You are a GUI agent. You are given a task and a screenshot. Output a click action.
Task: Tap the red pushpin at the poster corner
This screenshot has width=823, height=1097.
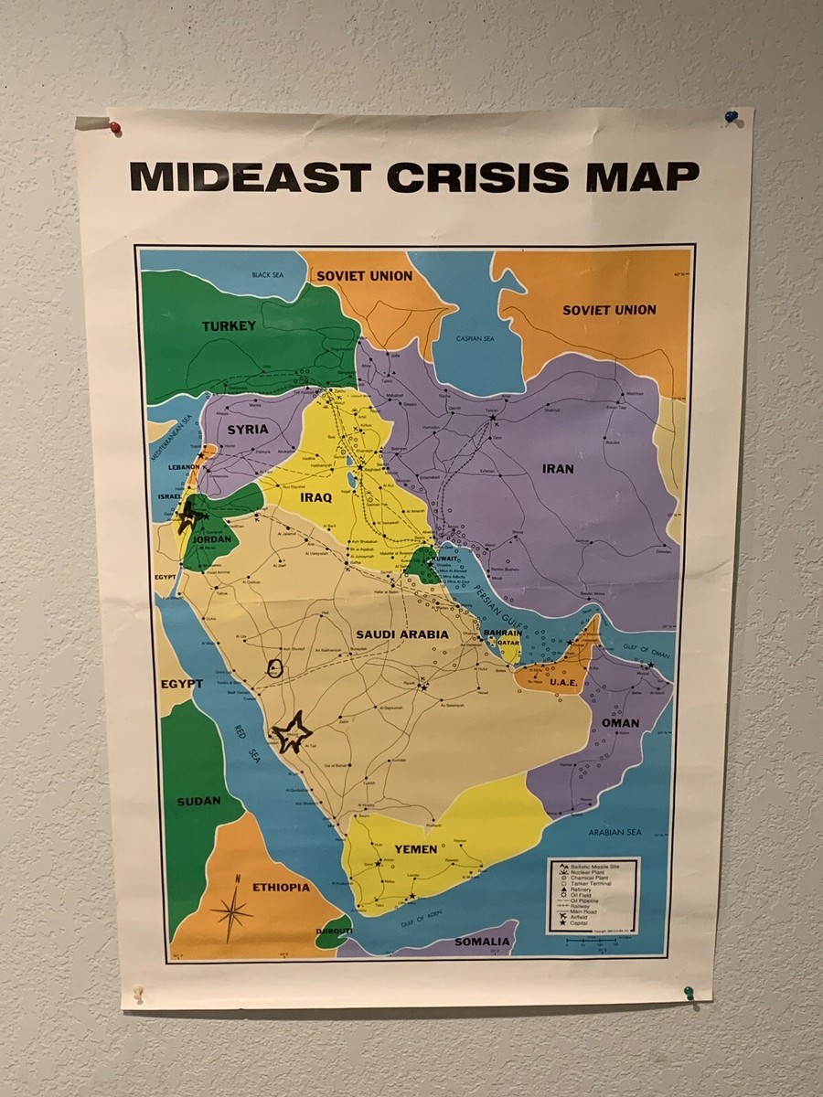pos(115,127)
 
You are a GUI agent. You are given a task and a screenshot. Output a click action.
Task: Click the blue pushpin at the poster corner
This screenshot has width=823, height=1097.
pos(731,117)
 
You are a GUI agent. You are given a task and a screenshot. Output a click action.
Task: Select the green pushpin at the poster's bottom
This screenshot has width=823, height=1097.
pos(689,992)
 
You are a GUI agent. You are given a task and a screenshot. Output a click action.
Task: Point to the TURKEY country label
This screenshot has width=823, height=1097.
pos(229,326)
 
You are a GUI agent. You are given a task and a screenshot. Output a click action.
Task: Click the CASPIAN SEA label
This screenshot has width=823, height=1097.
pos(475,338)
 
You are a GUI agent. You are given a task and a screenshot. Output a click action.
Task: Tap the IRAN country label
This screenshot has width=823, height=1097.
pos(558,469)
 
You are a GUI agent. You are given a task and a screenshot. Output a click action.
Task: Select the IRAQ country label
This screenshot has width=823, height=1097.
pos(315,497)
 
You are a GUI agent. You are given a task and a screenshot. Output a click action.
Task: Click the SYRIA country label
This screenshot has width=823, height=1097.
pos(248,429)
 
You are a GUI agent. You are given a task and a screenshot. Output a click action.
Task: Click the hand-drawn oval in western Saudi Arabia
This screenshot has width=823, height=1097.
pos(274,668)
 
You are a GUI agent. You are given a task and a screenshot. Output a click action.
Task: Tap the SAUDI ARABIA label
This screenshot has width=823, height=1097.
pos(402,634)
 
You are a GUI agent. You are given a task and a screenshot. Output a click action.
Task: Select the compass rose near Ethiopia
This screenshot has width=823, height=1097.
pos(233,910)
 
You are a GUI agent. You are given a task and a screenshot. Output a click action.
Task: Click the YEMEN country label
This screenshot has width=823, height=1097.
pos(415,849)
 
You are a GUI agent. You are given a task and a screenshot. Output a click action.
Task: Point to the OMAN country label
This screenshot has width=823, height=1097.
pos(621,722)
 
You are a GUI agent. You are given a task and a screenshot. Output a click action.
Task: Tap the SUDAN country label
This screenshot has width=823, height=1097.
pos(198,802)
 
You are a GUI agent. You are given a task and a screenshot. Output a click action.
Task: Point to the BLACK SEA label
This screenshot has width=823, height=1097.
pos(269,274)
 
